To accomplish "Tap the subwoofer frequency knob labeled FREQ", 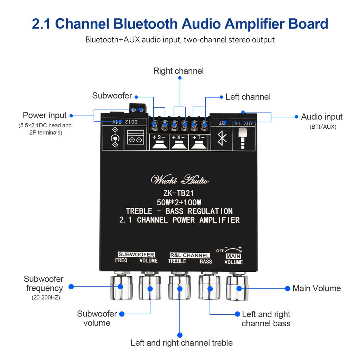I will point(121,287).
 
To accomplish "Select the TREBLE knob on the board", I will point(179,287).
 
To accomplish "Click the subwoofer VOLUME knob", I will point(149,287).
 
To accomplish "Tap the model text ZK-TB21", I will point(179,193).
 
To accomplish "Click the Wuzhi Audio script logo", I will point(179,180).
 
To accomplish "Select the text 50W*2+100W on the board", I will point(179,202).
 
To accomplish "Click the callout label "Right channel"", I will point(178,71).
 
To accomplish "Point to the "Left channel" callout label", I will point(248,97).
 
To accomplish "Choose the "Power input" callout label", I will point(45,115).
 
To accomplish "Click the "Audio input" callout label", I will point(322,117).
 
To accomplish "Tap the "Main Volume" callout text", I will point(316,288).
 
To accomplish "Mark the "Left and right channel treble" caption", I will point(181,342).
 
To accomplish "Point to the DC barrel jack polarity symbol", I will point(114,137).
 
